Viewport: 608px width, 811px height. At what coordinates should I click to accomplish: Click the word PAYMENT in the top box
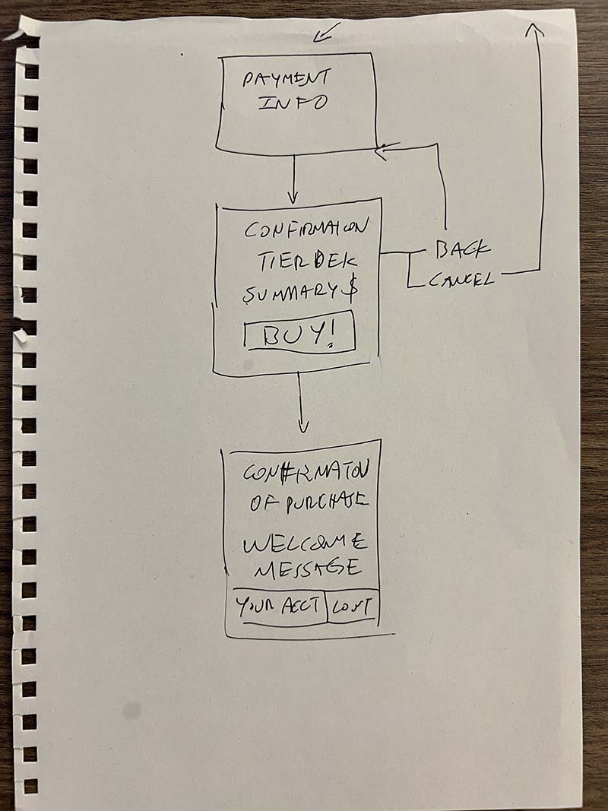pos(286,79)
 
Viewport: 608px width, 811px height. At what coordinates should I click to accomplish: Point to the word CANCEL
pos(461,279)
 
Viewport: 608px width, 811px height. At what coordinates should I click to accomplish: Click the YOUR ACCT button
pos(277,607)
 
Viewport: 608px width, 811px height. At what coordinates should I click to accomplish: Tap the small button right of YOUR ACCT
pos(353,607)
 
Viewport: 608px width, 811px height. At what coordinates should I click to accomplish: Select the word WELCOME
pos(305,544)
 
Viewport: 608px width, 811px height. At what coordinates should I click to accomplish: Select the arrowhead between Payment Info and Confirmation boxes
pos(294,193)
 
